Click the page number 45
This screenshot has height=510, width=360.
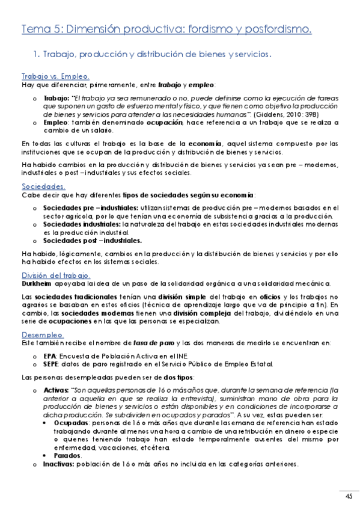click(349, 496)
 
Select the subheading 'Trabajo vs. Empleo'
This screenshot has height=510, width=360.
click(55, 77)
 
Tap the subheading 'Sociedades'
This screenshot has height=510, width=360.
click(43, 186)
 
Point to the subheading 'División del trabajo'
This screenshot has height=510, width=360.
click(55, 275)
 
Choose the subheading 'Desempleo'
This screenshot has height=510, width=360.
click(42, 334)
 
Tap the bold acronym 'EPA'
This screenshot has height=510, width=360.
click(50, 356)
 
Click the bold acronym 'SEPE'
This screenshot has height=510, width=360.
click(51, 364)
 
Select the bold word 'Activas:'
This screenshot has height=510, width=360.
click(56, 390)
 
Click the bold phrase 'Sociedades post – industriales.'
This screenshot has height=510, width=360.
click(88, 240)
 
